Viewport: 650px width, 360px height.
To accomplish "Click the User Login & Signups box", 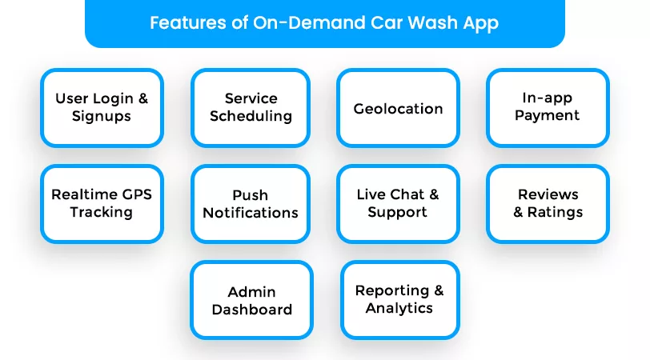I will pyautogui.click(x=102, y=108).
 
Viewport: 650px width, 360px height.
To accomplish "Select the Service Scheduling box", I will pyautogui.click(x=251, y=108).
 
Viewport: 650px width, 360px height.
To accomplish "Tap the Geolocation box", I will pyautogui.click(x=398, y=108).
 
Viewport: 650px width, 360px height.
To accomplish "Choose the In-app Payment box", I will pyautogui.click(x=548, y=108).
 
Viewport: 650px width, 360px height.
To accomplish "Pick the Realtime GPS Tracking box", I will pyautogui.click(x=102, y=204).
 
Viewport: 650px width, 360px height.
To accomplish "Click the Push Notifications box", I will pyautogui.click(x=251, y=204).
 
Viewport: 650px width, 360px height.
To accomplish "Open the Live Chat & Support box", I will pyautogui.click(x=398, y=204).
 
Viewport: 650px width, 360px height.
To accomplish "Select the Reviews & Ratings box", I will pyautogui.click(x=548, y=204).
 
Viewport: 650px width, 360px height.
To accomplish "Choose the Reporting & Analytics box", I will pyautogui.click(x=399, y=300).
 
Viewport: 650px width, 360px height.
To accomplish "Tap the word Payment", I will pyautogui.click(x=548, y=116).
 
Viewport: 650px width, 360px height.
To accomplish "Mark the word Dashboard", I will pyautogui.click(x=251, y=310).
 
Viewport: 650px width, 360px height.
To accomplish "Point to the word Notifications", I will pyautogui.click(x=251, y=213).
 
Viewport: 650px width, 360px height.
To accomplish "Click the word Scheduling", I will pyautogui.click(x=251, y=117).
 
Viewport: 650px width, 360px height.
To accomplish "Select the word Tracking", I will pyautogui.click(x=102, y=213).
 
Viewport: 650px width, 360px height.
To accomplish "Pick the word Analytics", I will pyautogui.click(x=399, y=309).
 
